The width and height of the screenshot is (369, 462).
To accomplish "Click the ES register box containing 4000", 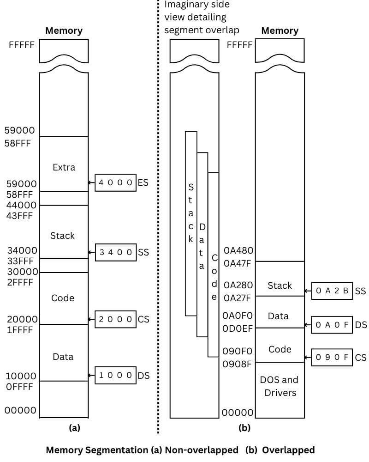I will pos(116,182).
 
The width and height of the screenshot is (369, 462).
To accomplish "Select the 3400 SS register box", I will pos(116,252).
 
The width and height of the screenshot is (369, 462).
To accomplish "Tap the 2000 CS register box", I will pos(116,319).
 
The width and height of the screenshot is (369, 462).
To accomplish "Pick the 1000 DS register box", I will pos(116,375).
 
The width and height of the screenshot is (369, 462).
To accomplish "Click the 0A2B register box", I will pos(332,291).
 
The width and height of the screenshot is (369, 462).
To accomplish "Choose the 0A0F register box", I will pos(332,325).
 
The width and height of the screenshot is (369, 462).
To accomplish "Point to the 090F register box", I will pos(332,357).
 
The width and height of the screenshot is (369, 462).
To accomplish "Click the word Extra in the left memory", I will pos(64,167).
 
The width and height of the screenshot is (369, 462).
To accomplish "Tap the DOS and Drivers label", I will pos(280,386).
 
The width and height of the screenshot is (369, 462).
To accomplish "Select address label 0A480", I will pos(238,250).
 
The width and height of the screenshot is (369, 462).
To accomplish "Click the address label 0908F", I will pos(237,364).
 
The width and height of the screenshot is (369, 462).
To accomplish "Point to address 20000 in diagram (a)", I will pos(22,319).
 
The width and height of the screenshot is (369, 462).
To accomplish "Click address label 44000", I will pos(22,205).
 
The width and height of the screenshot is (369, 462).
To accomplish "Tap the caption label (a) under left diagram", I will pos(74,428).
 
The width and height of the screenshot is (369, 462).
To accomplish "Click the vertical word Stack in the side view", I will pos(191,213).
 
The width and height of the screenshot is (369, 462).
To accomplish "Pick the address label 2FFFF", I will pos(20,282).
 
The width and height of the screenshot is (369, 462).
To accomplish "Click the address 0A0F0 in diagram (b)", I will pos(238,316).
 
